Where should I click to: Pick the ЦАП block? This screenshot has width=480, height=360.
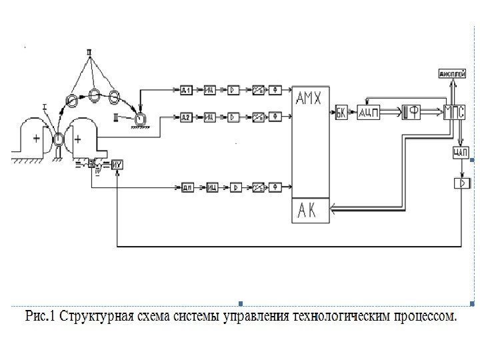point(461,153)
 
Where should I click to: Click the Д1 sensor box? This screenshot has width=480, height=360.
point(187,90)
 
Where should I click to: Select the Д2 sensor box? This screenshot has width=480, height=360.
point(187,117)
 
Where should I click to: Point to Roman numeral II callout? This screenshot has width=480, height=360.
point(90,51)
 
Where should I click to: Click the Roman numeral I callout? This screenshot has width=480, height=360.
point(45,105)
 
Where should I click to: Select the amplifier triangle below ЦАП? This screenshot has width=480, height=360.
point(461,183)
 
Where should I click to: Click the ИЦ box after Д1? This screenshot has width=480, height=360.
point(209,90)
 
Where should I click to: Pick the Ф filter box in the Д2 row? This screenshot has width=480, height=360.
point(275,117)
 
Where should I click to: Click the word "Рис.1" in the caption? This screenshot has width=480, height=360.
point(41,315)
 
